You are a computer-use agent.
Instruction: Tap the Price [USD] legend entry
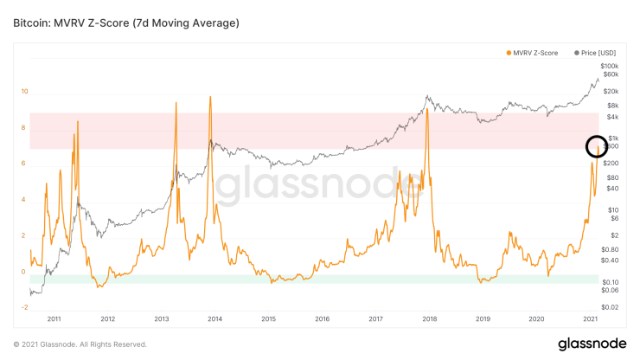pos(596,54)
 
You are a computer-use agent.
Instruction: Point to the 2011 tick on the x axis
pos(54,319)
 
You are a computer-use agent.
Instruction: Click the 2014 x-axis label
pos(214,319)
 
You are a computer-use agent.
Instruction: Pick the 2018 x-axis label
pos(429,319)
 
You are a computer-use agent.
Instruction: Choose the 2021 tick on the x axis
pos(591,319)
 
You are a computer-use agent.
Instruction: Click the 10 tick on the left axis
pos(25,91)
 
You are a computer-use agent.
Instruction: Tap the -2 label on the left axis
pos(24,307)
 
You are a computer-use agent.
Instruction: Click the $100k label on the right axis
pos(610,66)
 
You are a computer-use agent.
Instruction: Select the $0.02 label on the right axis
pos(610,307)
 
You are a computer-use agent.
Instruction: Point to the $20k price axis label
pos(611,92)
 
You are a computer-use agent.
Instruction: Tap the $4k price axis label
pos(611,118)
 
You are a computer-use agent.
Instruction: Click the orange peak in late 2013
pos(210,97)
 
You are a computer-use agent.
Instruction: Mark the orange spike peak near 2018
pos(426,109)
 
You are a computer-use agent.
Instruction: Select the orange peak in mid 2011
pos(78,122)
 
